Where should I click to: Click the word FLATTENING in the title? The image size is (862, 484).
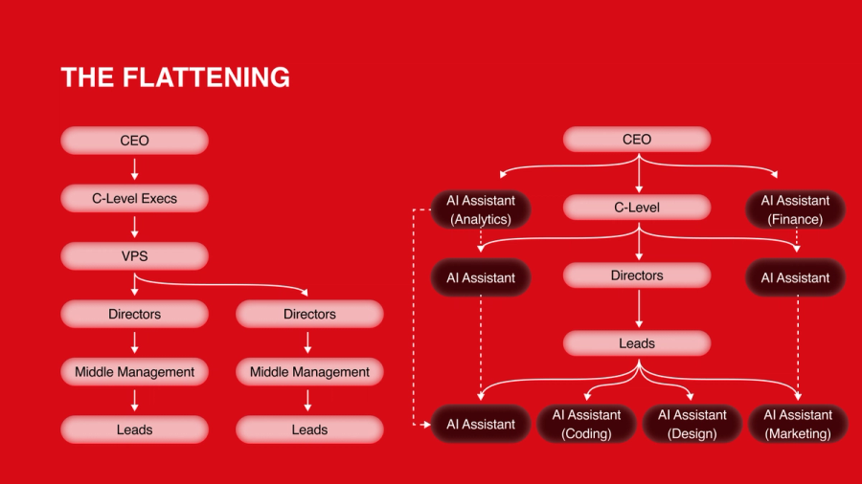[x=208, y=77]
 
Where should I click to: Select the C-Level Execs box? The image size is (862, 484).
[x=134, y=198]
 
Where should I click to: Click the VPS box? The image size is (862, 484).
[x=134, y=256]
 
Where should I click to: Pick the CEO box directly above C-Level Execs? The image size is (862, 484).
[x=134, y=141]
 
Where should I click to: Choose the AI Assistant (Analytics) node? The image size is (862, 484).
[x=480, y=209]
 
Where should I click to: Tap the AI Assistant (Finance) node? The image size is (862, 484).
[x=795, y=209]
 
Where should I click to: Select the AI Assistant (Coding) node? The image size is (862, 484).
[x=586, y=424]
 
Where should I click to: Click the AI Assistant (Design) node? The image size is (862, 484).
[x=692, y=424]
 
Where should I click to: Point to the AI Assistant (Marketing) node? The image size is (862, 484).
[x=797, y=424]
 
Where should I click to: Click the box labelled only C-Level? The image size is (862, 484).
[x=637, y=208]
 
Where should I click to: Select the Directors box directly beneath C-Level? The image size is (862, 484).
[x=637, y=275]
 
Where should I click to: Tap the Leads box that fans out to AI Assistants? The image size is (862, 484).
[x=637, y=343]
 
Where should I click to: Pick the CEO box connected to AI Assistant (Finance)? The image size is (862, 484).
[x=637, y=140]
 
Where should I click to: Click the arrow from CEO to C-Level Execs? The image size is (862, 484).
[x=134, y=169]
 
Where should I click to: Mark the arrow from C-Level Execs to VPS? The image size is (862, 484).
[x=134, y=228]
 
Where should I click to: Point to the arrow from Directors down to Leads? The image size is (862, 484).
[x=637, y=309]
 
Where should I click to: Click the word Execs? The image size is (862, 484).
[x=158, y=198]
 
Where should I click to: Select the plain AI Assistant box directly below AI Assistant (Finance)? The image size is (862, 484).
[x=795, y=277]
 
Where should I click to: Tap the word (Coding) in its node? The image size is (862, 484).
[x=586, y=433]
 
